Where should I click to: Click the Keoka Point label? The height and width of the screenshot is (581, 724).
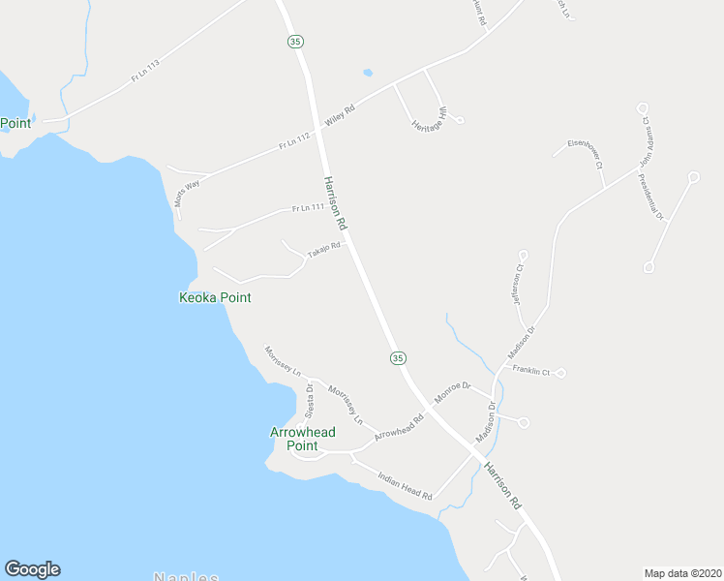(215, 297)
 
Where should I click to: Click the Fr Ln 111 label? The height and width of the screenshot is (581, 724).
(308, 207)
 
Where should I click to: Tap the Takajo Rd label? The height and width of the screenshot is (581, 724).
(324, 250)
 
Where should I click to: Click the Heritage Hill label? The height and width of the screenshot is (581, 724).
(431, 120)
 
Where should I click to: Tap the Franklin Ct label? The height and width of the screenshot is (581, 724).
(531, 371)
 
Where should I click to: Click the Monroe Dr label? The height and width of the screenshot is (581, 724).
(451, 391)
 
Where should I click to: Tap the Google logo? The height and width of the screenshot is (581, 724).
(32, 569)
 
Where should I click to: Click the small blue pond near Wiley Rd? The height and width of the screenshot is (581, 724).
(367, 72)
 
